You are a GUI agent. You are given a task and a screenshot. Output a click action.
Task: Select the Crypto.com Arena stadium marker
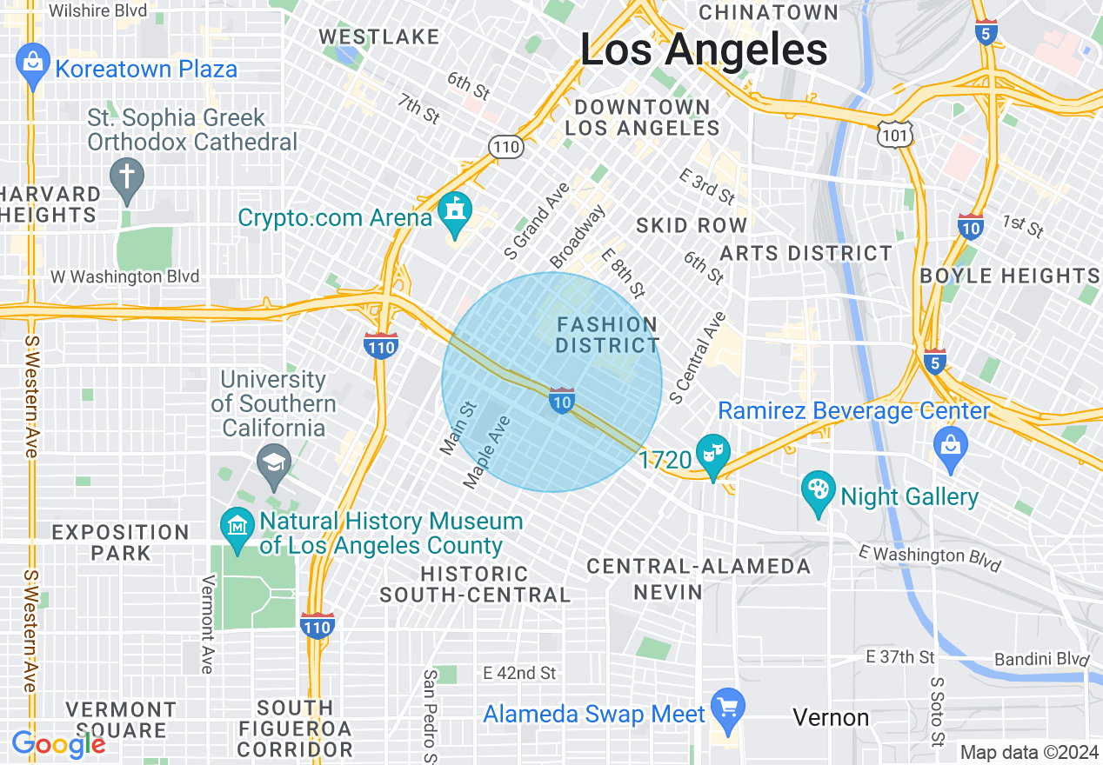pyautogui.click(x=454, y=213)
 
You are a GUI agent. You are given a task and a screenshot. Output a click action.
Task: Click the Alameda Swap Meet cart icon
pyautogui.click(x=727, y=708)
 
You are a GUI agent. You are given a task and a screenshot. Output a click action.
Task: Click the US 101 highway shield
pyautogui.click(x=896, y=132)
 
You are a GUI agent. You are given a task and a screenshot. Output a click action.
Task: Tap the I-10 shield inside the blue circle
pyautogui.click(x=562, y=400)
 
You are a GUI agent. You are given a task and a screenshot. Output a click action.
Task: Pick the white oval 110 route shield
pyautogui.click(x=505, y=147)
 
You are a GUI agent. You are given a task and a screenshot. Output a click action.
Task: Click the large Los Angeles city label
pyautogui.click(x=703, y=50)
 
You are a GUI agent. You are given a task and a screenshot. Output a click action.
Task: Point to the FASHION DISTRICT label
pyautogui.click(x=608, y=335)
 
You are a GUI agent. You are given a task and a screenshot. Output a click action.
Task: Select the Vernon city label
pyautogui.click(x=831, y=717)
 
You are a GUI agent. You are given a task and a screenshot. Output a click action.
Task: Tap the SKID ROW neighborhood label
pyautogui.click(x=692, y=226)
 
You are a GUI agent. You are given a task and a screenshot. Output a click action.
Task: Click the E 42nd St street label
pyautogui.click(x=519, y=673)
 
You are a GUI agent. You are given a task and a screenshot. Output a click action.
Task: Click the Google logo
pyautogui.click(x=58, y=744)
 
